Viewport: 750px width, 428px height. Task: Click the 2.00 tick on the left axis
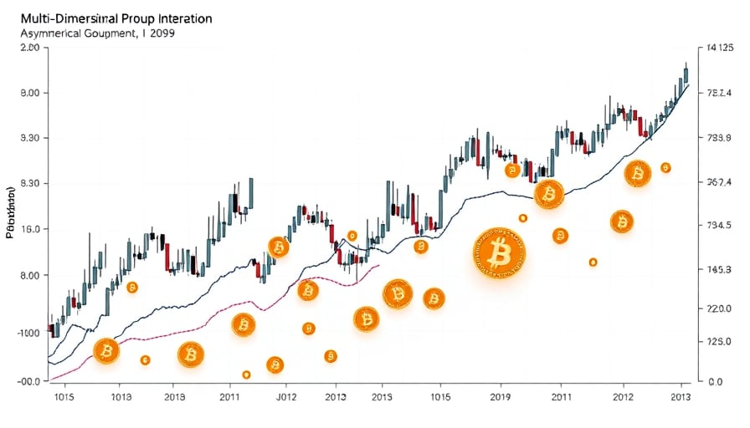tap(28, 48)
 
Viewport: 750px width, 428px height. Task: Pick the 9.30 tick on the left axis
tap(28, 139)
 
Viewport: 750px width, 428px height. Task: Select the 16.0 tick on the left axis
tap(28, 229)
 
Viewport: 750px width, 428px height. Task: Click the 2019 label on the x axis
tap(500, 397)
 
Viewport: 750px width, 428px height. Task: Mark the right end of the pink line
tap(379, 265)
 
